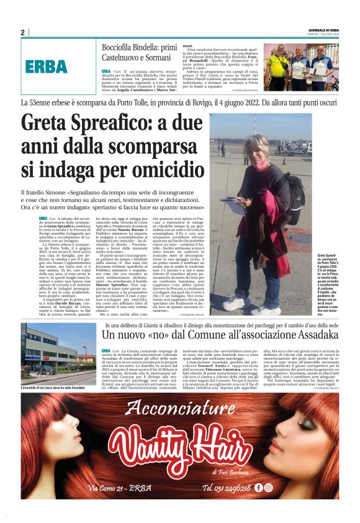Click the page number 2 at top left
pos(22,32)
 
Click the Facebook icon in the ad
pos(258,488)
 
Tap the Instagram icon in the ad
pos(268,488)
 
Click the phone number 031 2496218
pos(227,488)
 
